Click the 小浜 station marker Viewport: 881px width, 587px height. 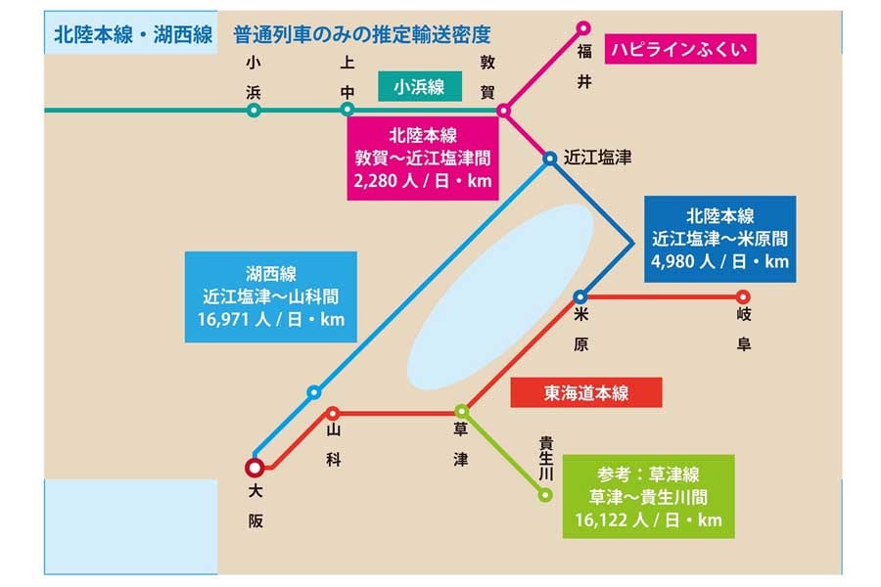point(254,111)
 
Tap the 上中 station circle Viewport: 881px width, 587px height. point(348,111)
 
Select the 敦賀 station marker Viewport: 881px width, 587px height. point(503,111)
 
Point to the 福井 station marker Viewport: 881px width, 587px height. point(584,27)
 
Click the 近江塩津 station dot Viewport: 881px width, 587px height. point(550,157)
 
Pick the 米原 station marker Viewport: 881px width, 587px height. point(580,296)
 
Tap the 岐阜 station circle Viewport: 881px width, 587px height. point(743,296)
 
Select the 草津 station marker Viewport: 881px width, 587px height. point(461,412)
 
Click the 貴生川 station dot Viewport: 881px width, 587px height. point(545,495)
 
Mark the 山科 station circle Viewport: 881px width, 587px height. point(333,413)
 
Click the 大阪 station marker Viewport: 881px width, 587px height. point(255,468)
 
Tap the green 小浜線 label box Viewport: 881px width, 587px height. point(419,87)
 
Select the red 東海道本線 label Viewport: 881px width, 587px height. point(586,393)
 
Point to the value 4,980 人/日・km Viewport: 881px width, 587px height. point(719,261)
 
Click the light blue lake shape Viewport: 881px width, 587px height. point(499,293)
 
